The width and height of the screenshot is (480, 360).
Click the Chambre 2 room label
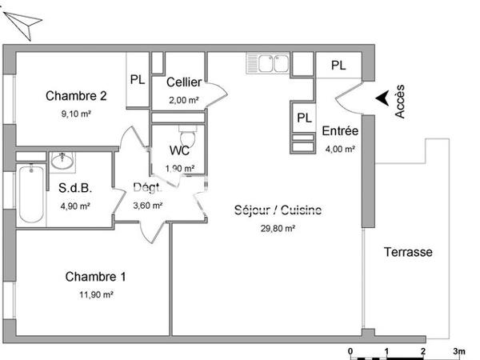click(x=76, y=96)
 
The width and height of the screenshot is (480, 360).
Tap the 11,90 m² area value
click(x=95, y=294)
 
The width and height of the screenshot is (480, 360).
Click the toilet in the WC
click(x=186, y=130)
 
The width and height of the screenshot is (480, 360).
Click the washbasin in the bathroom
click(x=62, y=162)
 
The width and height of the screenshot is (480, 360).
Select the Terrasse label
click(x=408, y=252)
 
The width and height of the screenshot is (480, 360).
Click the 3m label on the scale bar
click(x=459, y=351)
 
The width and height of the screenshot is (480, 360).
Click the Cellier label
click(x=183, y=82)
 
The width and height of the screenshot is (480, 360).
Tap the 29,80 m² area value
click(x=278, y=228)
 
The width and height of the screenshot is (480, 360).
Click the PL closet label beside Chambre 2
click(x=138, y=79)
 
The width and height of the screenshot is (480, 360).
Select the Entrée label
click(x=339, y=132)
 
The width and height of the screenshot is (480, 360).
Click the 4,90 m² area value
click(x=74, y=206)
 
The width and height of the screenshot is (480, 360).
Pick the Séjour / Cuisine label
click(x=278, y=211)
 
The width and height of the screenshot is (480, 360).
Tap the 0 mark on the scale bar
click(x=350, y=351)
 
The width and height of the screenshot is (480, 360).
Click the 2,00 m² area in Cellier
click(x=183, y=100)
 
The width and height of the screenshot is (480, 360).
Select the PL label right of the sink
click(x=339, y=66)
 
